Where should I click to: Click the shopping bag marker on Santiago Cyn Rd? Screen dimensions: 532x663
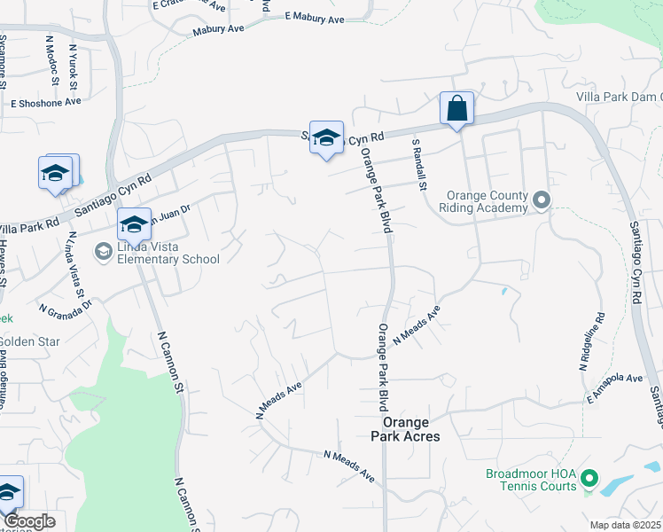point(456,110)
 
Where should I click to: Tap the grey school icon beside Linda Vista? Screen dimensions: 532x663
point(105,253)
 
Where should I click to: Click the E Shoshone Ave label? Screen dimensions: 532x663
point(45,102)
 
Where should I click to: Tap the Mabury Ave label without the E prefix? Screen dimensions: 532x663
point(218,29)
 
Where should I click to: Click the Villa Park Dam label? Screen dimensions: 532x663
point(619,96)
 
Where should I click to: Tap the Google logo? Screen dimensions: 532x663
point(28,521)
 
